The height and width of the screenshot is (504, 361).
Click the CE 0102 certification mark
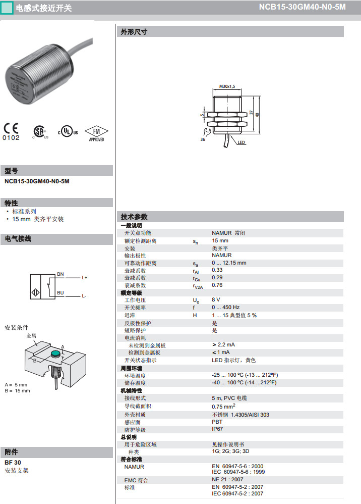[11, 132]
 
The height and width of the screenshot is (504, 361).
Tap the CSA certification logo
[40, 132]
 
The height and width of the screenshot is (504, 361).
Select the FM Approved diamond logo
[96, 134]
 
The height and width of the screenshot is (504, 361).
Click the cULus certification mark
[68, 131]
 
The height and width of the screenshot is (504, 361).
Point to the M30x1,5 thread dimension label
[227, 86]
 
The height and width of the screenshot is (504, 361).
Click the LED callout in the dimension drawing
[242, 142]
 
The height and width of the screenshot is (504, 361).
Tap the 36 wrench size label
[203, 139]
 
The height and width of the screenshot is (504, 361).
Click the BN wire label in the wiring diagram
[61, 274]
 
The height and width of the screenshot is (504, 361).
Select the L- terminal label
[84, 296]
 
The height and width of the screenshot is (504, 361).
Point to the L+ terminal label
[84, 277]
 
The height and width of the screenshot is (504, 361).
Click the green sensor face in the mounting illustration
[56, 354]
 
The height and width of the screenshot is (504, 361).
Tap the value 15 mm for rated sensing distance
[220, 241]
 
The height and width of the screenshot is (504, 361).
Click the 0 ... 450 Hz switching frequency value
[225, 307]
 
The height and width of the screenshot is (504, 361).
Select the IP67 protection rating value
[217, 429]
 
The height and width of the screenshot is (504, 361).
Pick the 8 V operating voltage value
[216, 299]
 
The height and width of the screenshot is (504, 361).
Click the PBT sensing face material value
[217, 422]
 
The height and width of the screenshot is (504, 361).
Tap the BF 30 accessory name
[13, 463]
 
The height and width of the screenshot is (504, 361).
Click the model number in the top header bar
[303, 7]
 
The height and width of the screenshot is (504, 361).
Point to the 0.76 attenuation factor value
[217, 285]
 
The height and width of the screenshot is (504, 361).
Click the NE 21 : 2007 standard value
[227, 480]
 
